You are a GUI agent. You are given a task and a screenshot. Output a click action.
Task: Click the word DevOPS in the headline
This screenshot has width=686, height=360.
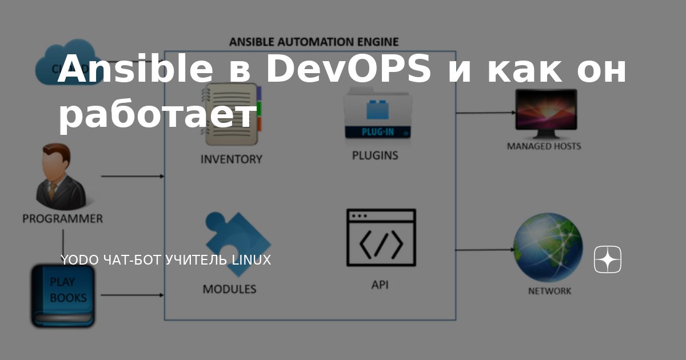click(x=349, y=70)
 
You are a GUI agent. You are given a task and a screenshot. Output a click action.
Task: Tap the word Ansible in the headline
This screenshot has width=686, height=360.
click(x=134, y=70)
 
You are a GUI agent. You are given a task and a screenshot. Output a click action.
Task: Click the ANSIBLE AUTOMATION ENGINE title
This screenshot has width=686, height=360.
click(x=314, y=42)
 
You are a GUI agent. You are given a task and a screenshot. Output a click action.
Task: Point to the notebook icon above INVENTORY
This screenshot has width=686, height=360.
click(x=231, y=114)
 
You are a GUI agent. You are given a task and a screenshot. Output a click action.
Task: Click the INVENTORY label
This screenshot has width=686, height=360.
click(x=231, y=159)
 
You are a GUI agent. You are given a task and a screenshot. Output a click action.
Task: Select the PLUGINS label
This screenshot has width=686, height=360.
click(x=375, y=155)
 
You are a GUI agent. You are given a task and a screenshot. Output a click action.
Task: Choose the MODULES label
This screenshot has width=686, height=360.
click(x=229, y=289)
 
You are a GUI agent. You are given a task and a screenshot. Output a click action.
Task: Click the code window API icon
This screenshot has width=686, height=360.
click(x=381, y=238)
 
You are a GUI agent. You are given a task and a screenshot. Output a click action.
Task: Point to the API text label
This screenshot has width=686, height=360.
click(x=380, y=284)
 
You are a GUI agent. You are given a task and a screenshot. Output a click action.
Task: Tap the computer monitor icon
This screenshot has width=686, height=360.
click(x=546, y=113)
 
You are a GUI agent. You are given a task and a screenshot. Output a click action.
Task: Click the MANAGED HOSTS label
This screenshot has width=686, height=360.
click(x=544, y=146)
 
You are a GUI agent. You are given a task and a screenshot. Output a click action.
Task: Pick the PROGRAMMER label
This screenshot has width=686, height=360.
click(x=62, y=218)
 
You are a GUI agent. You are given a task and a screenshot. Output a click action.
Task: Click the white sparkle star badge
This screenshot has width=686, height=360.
click(x=607, y=260)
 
